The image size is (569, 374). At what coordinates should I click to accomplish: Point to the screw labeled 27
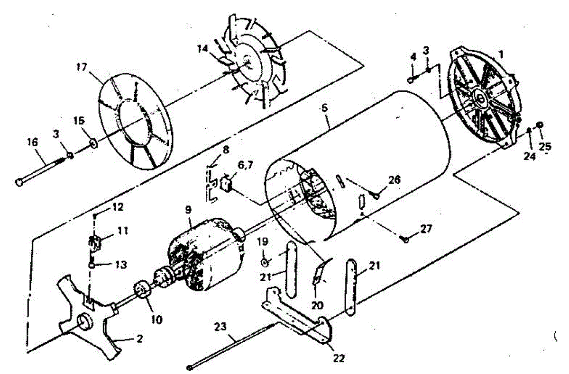[x=406, y=240]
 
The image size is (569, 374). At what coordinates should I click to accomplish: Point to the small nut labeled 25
[x=540, y=125]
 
